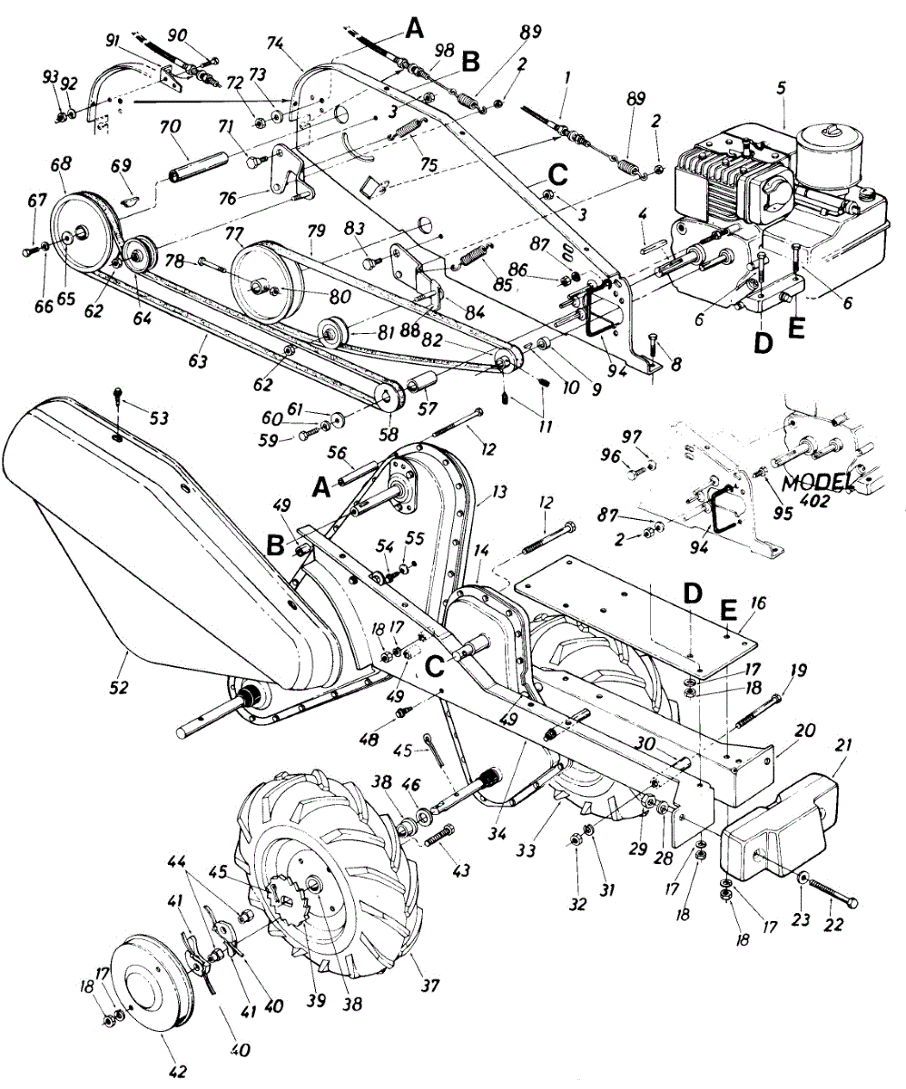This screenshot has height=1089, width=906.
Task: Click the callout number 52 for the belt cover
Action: click(118, 687)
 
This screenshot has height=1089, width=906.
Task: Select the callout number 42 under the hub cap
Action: click(178, 1071)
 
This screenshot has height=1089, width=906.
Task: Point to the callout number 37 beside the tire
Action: click(430, 985)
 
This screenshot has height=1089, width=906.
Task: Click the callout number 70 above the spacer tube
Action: click(171, 127)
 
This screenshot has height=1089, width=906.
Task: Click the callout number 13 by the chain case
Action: click(499, 491)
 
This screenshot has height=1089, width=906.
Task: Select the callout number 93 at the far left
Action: click(50, 77)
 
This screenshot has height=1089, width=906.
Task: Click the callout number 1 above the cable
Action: click(568, 79)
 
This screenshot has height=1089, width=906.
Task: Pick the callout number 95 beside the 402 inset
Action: click(783, 514)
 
